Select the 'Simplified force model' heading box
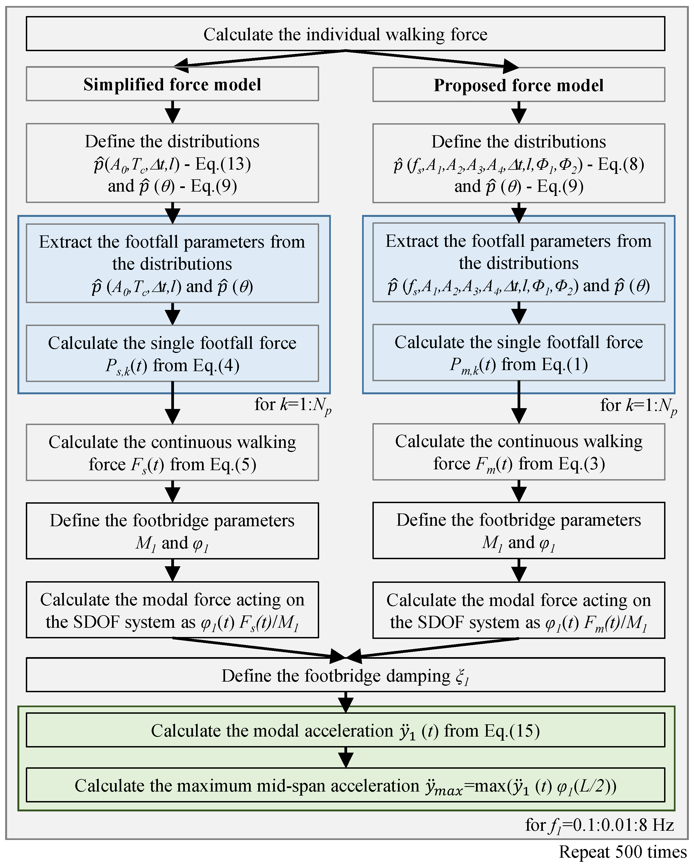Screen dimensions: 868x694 (x=172, y=84)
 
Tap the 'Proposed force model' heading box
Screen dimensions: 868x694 (x=519, y=85)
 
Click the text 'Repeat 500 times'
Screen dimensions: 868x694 (x=623, y=852)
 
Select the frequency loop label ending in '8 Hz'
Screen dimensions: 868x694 (x=599, y=825)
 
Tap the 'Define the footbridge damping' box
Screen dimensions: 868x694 (x=345, y=676)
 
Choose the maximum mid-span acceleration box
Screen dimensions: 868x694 (x=345, y=786)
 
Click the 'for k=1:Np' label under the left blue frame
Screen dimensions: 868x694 (x=292, y=405)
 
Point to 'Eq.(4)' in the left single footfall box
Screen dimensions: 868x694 (x=216, y=365)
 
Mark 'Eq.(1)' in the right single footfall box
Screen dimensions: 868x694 (x=564, y=364)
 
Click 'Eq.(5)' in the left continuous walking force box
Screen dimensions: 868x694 (x=233, y=464)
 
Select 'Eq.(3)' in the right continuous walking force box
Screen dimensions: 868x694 (x=581, y=464)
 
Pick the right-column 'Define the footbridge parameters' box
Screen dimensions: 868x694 (x=519, y=530)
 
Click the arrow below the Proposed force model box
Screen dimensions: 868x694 (x=519, y=112)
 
